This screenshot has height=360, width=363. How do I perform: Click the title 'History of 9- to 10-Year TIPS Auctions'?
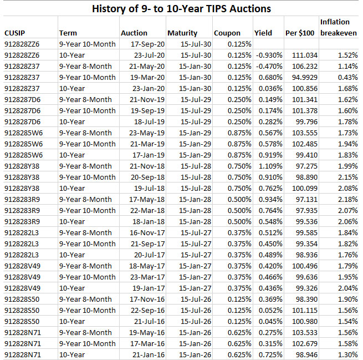181,8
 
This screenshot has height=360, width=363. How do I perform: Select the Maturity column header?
182,33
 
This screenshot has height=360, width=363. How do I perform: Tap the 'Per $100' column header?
299,33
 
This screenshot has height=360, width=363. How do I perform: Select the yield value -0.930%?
269,55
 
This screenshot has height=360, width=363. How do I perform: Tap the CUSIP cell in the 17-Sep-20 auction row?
22,44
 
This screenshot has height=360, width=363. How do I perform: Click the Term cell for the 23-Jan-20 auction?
71,88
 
